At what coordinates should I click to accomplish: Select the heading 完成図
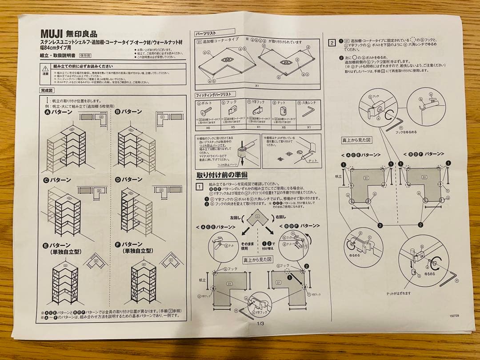[x=48, y=90]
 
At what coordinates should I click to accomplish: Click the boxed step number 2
[x=332, y=43]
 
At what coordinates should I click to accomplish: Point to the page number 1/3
[x=260, y=324]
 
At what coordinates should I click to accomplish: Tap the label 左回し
[x=235, y=218]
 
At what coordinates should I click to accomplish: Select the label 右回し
[x=280, y=218]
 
